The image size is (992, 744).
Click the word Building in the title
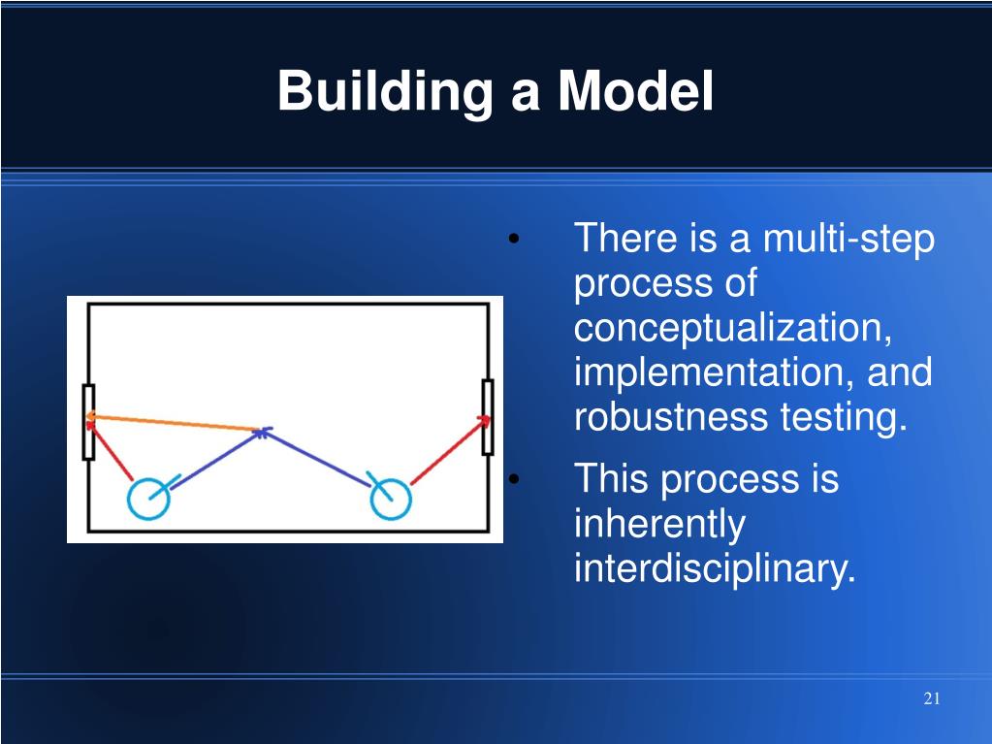pos(385,92)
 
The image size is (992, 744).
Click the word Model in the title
pos(635,90)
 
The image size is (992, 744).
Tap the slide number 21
pos(931,698)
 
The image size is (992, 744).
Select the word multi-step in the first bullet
pos(848,241)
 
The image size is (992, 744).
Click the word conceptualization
pos(733,327)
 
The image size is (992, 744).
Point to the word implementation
pos(716,372)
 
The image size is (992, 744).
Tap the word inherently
pos(659,525)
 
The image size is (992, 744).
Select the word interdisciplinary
pos(715,568)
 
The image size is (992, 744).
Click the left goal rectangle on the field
pos(83,422)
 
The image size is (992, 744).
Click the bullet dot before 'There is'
pos(514,240)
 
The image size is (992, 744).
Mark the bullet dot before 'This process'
pos(514,479)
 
